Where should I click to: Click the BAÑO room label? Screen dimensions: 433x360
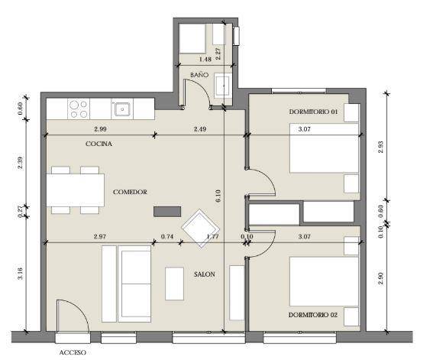coord(199,75)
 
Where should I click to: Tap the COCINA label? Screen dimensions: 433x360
coord(99,144)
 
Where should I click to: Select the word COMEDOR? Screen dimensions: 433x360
coord(130,192)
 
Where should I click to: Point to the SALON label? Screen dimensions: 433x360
coord(205,274)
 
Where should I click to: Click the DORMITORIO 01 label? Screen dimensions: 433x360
coord(313,112)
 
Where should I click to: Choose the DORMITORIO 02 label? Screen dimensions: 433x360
coord(313,315)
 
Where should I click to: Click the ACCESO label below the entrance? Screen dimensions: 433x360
coord(73,352)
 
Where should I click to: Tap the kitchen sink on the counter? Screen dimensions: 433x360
coord(121,109)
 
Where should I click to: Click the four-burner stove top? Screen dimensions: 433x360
coord(79,109)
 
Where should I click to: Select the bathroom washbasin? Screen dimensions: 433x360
coord(223,86)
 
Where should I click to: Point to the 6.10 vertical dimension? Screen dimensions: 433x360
coord(218,196)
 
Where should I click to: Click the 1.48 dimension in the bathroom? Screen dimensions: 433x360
coord(205,59)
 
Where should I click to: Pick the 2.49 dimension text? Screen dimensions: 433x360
coord(200,129)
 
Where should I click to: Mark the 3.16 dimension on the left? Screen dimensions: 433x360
coord(20,274)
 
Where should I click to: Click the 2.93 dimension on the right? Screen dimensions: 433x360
coord(381,148)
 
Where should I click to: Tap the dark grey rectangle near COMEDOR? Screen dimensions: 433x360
coord(167,212)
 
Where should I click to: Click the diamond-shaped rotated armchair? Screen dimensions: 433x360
coord(201,229)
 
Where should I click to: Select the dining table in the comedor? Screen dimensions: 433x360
coord(76,190)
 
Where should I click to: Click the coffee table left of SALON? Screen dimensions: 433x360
coord(175,284)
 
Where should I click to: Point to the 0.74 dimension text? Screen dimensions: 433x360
coord(167,236)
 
